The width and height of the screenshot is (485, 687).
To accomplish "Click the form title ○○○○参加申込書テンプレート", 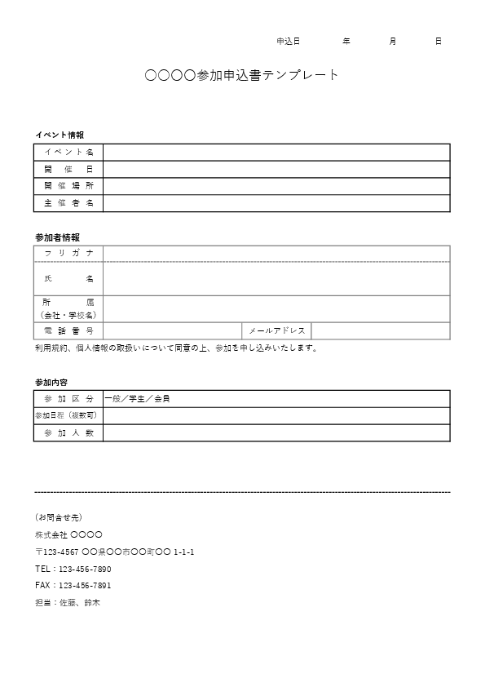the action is click(241, 76).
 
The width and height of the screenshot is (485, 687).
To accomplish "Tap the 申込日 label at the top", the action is click(288, 41).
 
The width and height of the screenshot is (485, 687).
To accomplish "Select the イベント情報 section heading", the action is click(59, 135).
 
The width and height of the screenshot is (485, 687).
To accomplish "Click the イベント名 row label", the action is click(68, 152).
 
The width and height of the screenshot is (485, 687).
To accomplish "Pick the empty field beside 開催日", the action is click(276, 169).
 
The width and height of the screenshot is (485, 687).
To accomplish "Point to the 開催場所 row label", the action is click(68, 186).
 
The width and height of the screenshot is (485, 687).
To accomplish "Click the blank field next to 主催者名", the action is click(276, 203).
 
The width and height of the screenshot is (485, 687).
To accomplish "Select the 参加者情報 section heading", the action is click(57, 237).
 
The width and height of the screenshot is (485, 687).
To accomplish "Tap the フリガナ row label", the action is click(68, 254).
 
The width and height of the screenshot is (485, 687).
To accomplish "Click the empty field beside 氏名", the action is click(276, 279).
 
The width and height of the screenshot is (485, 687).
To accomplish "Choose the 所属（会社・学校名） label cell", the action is click(68, 308).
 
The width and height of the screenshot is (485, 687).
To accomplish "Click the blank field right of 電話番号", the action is click(172, 330).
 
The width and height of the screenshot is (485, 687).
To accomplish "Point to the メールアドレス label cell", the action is click(276, 330).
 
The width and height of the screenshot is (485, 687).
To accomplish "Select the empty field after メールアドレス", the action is click(380, 330).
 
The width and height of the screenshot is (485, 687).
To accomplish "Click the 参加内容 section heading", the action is click(51, 382).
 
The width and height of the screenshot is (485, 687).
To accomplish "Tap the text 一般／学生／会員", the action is click(137, 399).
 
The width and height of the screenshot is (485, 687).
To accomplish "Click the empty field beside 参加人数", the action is click(276, 433).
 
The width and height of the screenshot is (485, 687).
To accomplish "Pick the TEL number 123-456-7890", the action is click(84, 569).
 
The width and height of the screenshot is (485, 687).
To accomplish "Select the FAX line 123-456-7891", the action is click(84, 586).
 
